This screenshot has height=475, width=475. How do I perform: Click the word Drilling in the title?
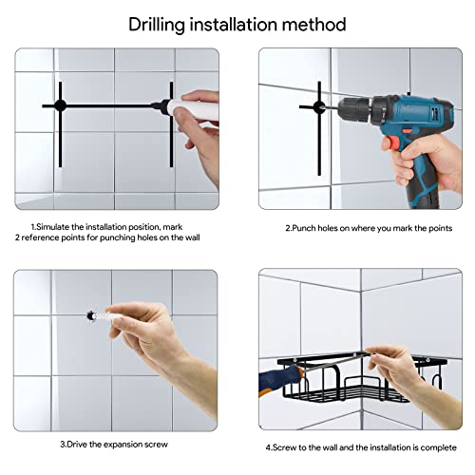pyautogui.click(x=157, y=25)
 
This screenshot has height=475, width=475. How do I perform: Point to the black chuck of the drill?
pyautogui.click(x=354, y=109)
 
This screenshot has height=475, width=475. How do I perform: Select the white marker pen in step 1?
pyautogui.click(x=187, y=108)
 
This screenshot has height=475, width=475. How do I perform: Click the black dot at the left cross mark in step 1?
pyautogui.click(x=60, y=105)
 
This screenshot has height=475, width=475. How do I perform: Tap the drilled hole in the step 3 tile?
pyautogui.click(x=91, y=315)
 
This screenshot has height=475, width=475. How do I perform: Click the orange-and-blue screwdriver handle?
pyautogui.click(x=278, y=379)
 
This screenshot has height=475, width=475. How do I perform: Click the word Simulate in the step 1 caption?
pyautogui.click(x=53, y=227)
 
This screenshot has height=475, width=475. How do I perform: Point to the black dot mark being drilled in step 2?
pyautogui.click(x=318, y=106)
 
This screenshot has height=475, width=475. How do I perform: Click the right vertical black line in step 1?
pyautogui.click(x=171, y=124)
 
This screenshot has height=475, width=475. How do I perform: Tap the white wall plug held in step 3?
pyautogui.click(x=102, y=316)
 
